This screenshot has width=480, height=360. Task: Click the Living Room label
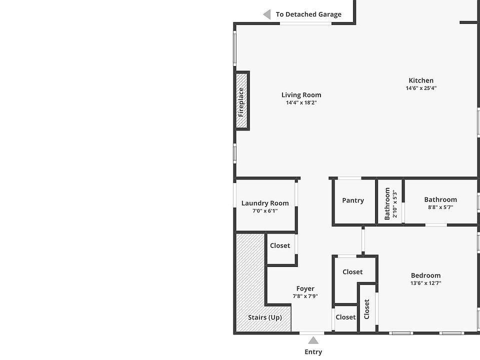pyautogui.click(x=301, y=95)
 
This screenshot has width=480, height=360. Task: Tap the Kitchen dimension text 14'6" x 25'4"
pyautogui.click(x=421, y=88)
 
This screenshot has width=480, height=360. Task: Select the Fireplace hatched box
pyautogui.click(x=242, y=101)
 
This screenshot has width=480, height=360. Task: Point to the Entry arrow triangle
pyautogui.click(x=313, y=341)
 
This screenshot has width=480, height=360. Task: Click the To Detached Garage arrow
pyautogui.click(x=267, y=14)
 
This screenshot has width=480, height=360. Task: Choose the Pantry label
pyautogui.click(x=353, y=200)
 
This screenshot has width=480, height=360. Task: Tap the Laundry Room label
pyautogui.click(x=265, y=203)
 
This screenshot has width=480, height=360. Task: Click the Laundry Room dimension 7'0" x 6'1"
pyautogui.click(x=265, y=211)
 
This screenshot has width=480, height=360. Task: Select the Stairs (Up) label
pyautogui.click(x=265, y=317)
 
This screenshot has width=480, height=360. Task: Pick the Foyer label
pyautogui.click(x=305, y=288)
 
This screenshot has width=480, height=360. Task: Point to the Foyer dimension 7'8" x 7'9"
pyautogui.click(x=305, y=296)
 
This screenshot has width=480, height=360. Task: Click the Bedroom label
pyautogui.click(x=425, y=275)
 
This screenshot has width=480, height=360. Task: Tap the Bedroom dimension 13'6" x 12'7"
pyautogui.click(x=425, y=283)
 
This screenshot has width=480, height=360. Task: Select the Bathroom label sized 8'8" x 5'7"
pyautogui.click(x=440, y=199)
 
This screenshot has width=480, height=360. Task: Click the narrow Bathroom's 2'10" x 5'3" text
pyautogui.click(x=394, y=204)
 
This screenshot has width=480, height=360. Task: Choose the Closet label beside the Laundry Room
pyautogui.click(x=280, y=245)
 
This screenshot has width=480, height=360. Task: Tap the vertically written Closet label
pyautogui.click(x=367, y=309)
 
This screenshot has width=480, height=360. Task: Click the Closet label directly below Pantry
pyautogui.click(x=352, y=272)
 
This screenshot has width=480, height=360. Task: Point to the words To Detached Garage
pyautogui.click(x=308, y=14)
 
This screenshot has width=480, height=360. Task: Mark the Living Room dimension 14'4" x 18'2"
pyautogui.click(x=301, y=103)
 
